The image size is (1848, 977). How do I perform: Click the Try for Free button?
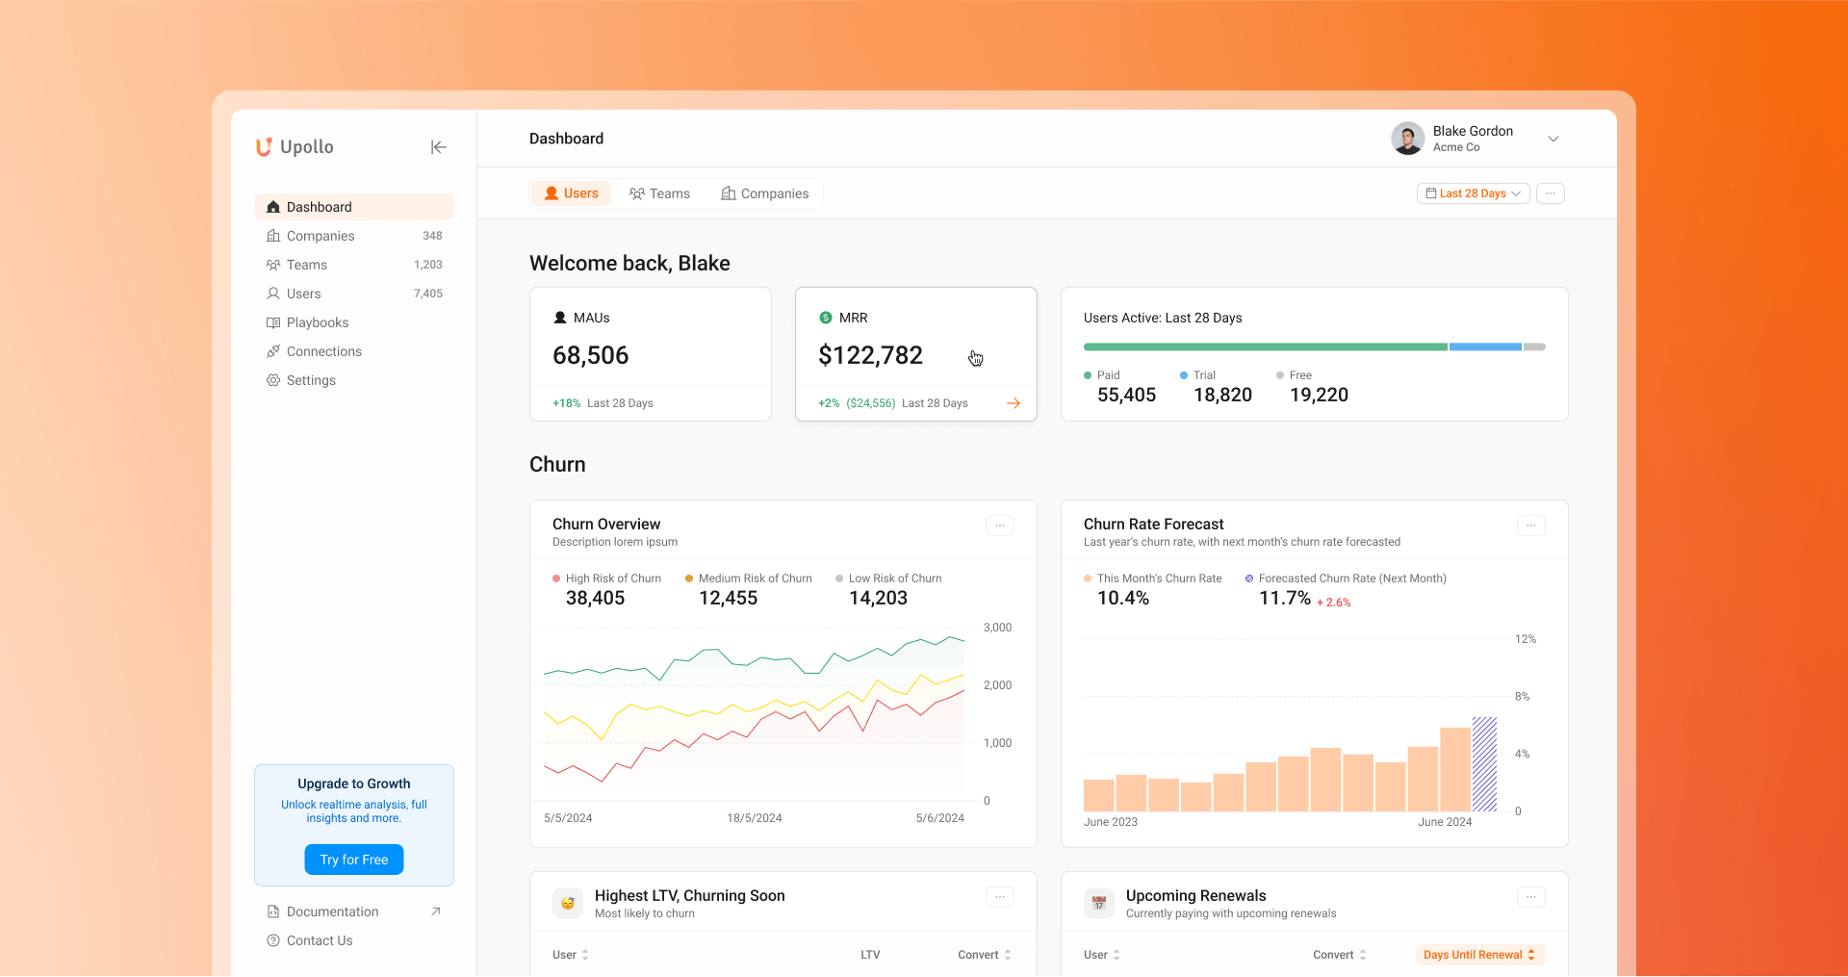tap(354, 860)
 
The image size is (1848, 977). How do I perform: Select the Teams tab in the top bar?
tap(659, 193)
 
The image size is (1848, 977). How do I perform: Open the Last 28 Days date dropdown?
tap(1473, 193)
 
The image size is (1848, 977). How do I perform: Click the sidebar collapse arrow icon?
tap(439, 147)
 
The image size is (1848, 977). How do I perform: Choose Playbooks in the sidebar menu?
tap(317, 322)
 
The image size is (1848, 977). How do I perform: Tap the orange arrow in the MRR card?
tap(1014, 403)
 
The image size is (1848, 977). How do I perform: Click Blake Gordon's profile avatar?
tap(1407, 139)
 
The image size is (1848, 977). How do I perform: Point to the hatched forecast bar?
tap(1484, 764)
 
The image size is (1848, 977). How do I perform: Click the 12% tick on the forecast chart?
tap(1525, 639)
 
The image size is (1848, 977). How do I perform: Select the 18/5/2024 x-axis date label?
tap(754, 818)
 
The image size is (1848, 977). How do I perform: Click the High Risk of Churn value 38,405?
tap(595, 598)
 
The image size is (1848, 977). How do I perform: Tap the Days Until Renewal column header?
tap(1478, 955)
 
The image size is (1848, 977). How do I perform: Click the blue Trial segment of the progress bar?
tap(1484, 347)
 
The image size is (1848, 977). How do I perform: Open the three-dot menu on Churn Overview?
tap(999, 526)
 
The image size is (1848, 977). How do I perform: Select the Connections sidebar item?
tap(323, 351)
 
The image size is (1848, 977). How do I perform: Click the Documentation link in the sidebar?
tap(332, 912)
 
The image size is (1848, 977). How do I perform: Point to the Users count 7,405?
tap(428, 294)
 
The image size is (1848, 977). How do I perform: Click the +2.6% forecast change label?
tap(1333, 603)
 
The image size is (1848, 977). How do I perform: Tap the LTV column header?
tap(870, 955)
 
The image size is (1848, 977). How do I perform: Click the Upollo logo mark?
tap(264, 147)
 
